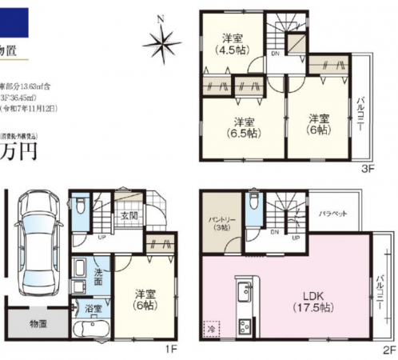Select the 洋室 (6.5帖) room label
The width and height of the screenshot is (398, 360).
pyautogui.click(x=244, y=128)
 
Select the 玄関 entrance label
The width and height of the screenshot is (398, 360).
pyautogui.click(x=129, y=215)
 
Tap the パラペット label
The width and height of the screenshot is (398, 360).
pyautogui.click(x=332, y=214)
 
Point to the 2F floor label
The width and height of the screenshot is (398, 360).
pyautogui.click(x=389, y=350)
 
